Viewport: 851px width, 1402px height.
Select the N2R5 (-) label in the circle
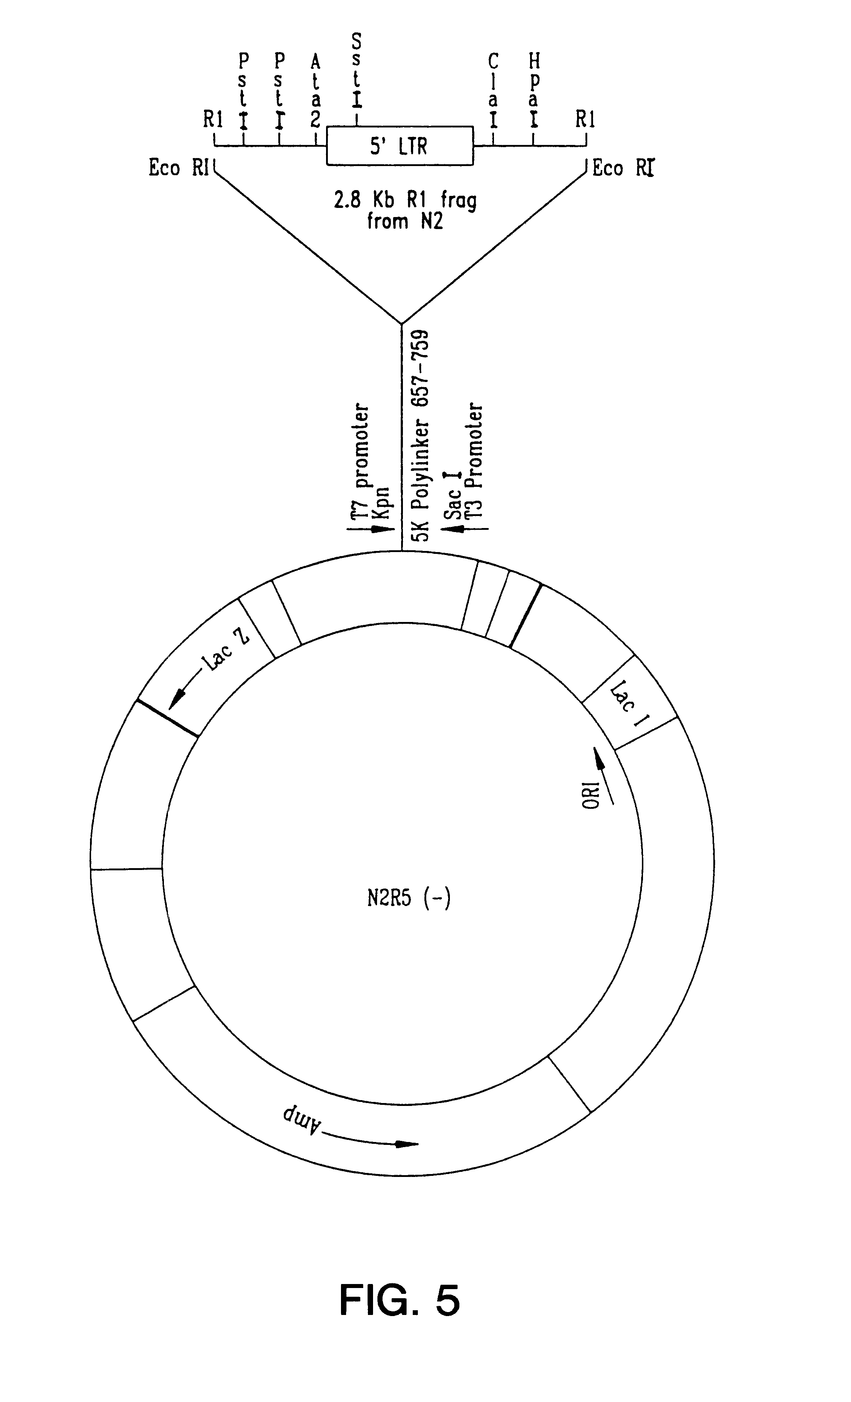pos(409,898)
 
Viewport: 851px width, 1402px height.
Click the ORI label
pos(592,795)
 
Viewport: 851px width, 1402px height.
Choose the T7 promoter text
pos(361,461)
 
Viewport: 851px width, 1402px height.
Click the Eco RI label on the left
pos(179,168)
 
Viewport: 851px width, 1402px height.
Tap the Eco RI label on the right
pos(623,168)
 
